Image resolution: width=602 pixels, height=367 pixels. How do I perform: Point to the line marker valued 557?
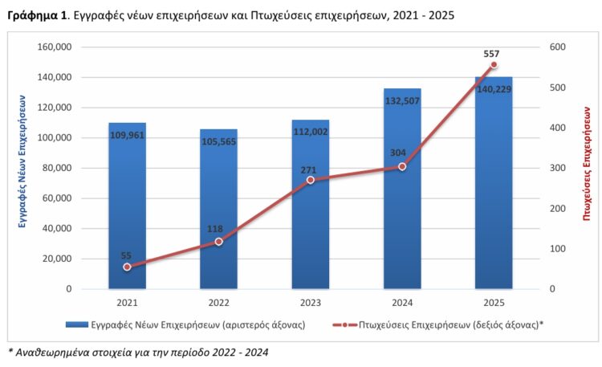pos(494,65)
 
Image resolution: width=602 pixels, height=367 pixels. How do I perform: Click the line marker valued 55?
pos(127,267)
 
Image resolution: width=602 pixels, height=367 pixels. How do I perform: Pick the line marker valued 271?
pos(310,180)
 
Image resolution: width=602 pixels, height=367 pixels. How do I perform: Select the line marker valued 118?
pos(218,242)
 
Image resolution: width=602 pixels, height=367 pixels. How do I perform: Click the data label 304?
pos(402,154)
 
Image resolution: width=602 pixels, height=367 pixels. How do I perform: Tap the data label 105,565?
pos(218,142)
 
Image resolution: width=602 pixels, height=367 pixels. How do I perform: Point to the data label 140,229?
pos(494,90)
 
